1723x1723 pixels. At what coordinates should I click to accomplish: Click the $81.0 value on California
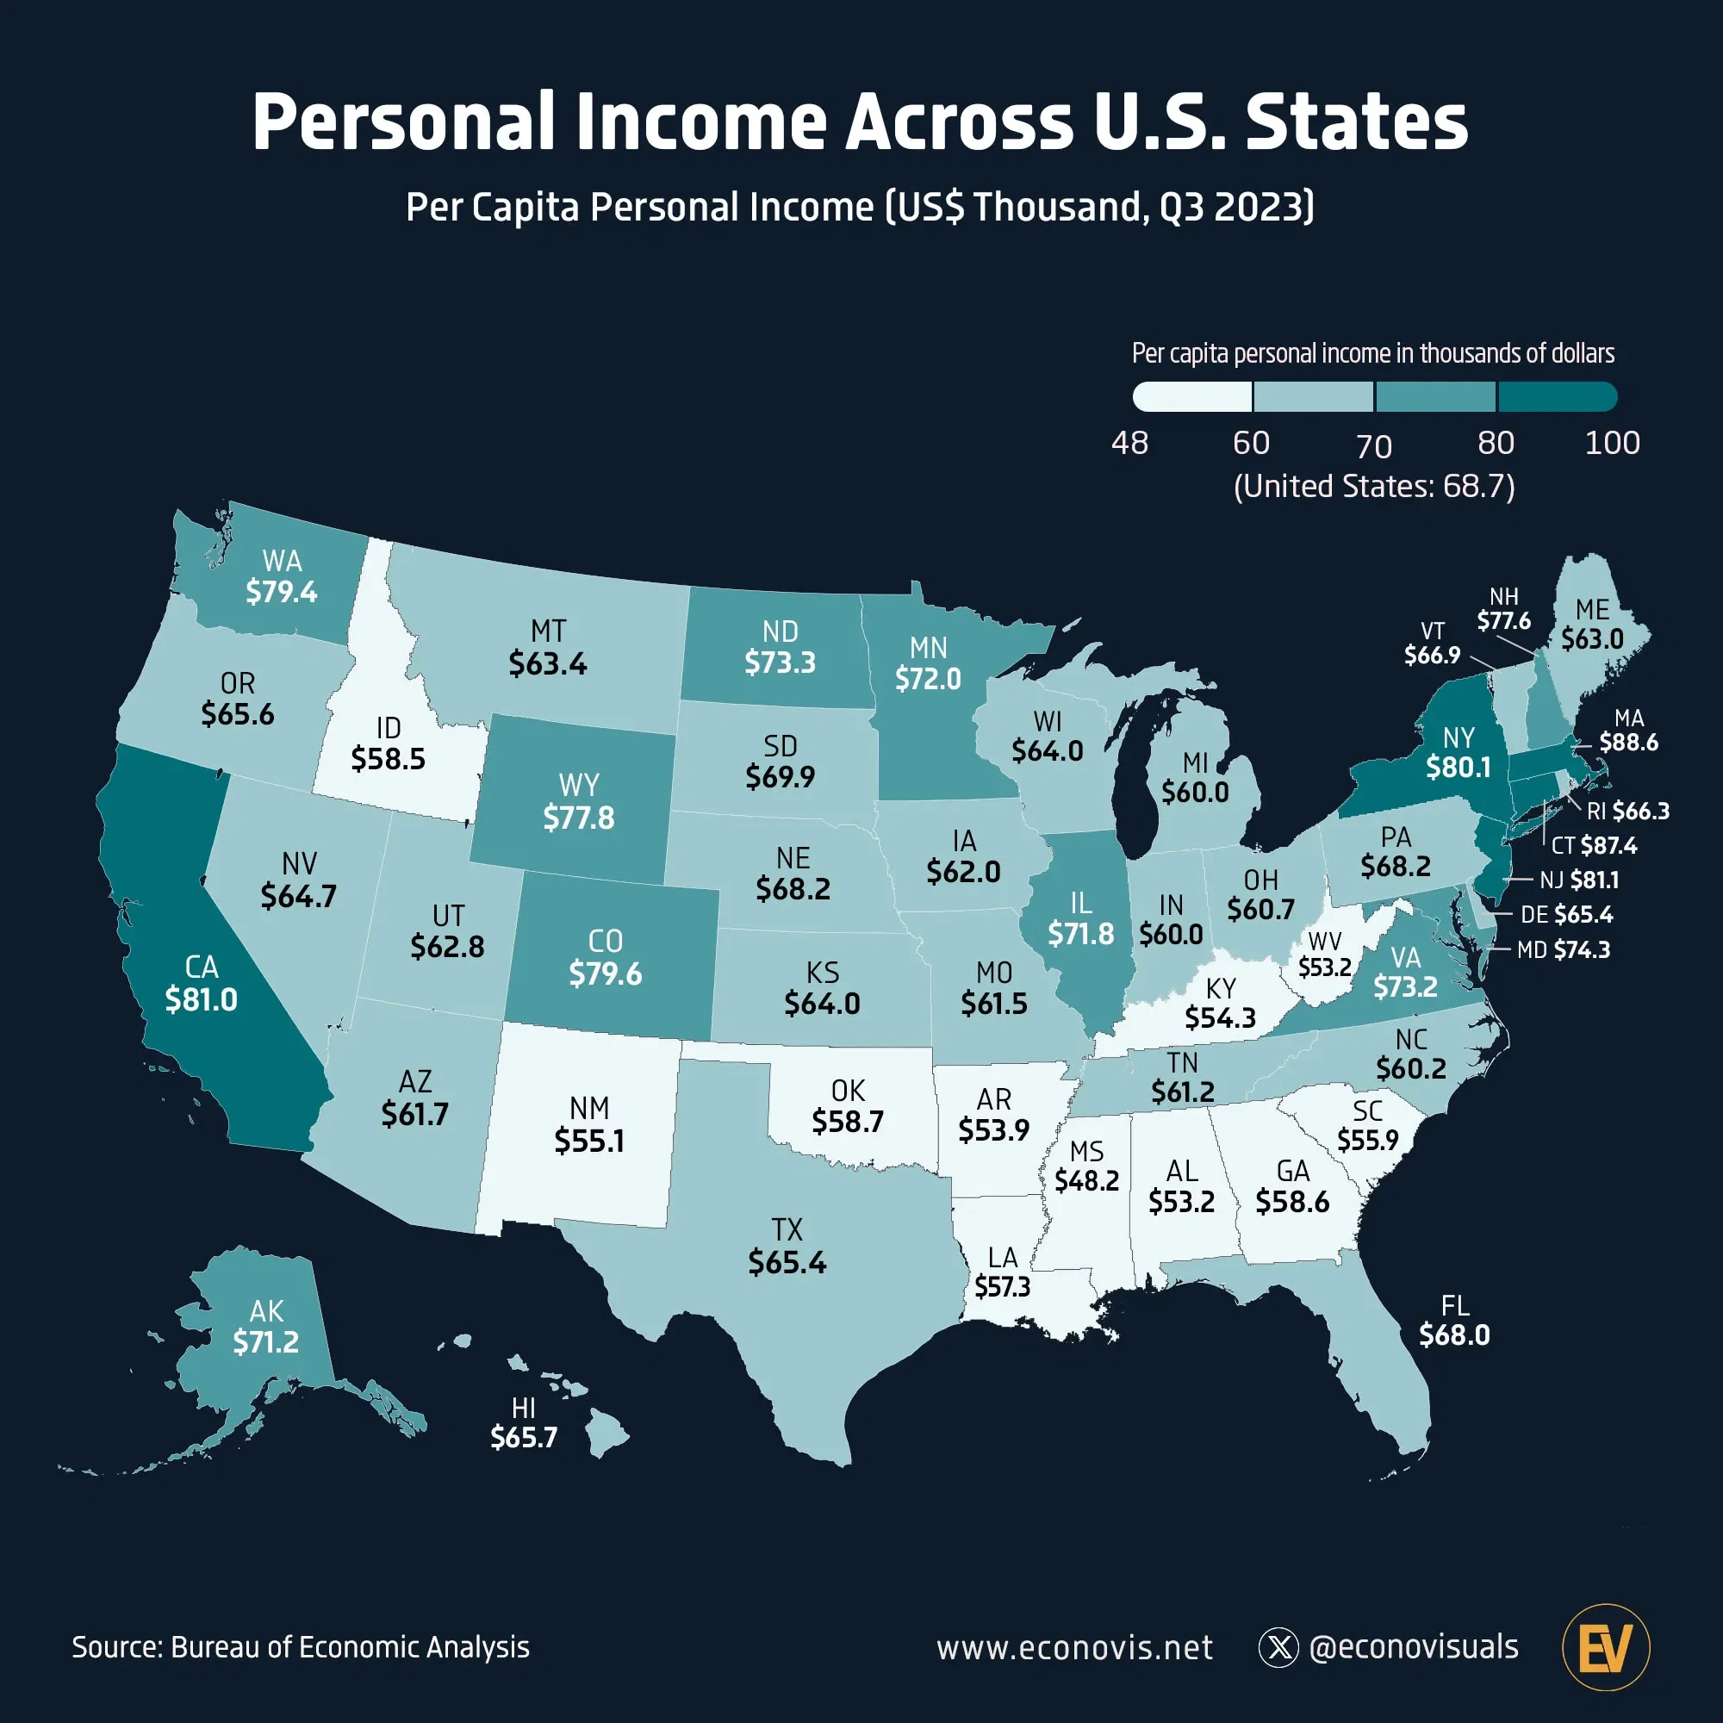tap(202, 999)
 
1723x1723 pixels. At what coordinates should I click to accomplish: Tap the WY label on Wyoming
tap(579, 785)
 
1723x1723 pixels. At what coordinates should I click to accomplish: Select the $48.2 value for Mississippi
tap(1086, 1181)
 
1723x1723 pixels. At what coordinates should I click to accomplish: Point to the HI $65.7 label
tap(524, 1423)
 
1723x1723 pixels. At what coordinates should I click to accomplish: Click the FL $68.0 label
tap(1454, 1321)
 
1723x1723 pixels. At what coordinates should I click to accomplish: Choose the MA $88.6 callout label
tap(1628, 731)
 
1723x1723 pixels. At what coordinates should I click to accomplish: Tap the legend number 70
tap(1373, 446)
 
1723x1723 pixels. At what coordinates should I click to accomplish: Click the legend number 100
tap(1612, 443)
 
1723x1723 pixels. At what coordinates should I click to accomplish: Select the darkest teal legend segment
tap(1557, 397)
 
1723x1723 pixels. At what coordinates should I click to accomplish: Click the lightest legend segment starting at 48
tap(1192, 397)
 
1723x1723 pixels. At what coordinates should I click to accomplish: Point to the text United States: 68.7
tap(1373, 487)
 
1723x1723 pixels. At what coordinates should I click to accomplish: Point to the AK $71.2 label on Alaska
tap(265, 1326)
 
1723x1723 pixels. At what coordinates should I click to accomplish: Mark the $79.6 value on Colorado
tap(606, 973)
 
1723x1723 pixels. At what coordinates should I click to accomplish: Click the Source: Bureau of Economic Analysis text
tap(301, 1647)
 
